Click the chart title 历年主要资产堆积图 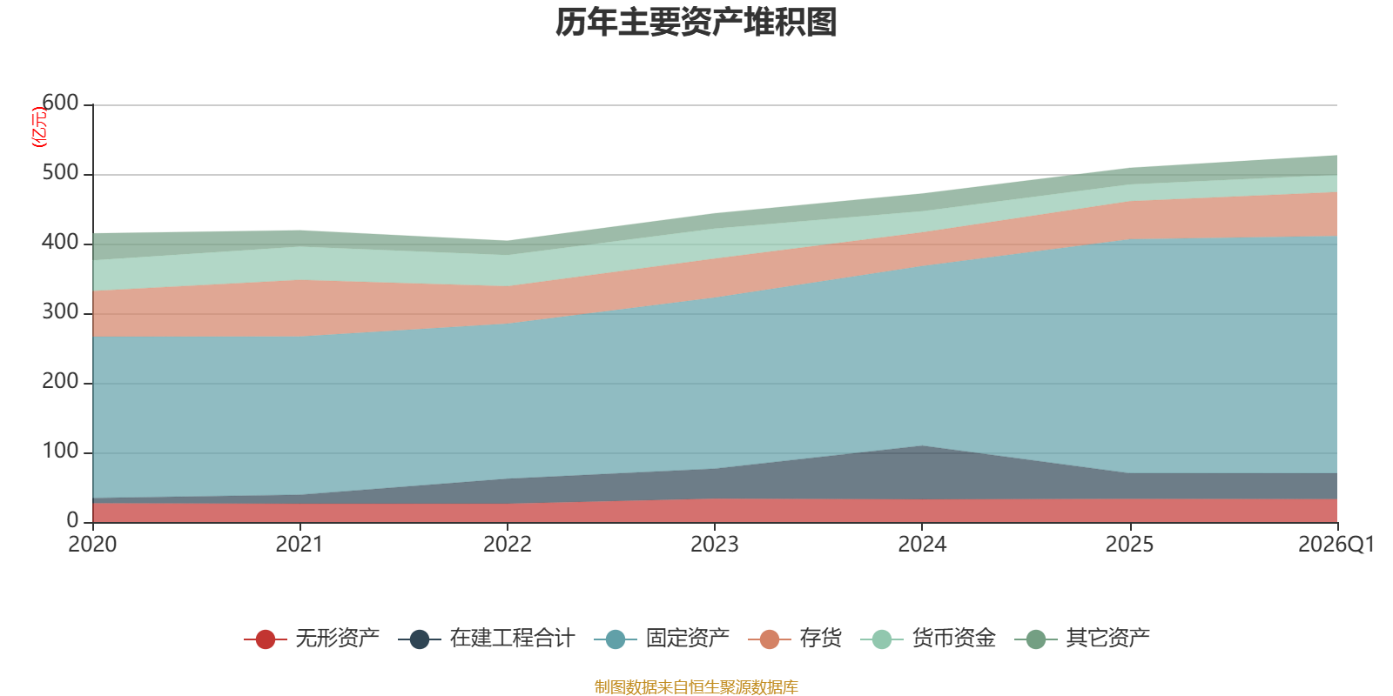coord(696,23)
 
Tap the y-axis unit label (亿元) coord(39,127)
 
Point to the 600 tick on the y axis coord(60,103)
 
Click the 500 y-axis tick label coord(60,172)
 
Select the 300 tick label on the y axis coord(60,311)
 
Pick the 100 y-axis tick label coord(60,451)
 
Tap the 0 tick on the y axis coord(73,520)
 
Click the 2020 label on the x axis coord(92,545)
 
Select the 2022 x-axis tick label coord(508,545)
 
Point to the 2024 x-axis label coord(922,545)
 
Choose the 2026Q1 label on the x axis coord(1336,545)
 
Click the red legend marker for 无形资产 coord(266,639)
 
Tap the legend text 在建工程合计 coord(513,639)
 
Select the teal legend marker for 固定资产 coord(615,639)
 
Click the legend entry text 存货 coord(821,639)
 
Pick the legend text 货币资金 coord(954,639)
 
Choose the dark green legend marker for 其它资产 coord(1036,639)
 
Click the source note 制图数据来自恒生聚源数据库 coord(696,686)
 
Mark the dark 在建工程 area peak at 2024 coord(922,446)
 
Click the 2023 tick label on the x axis coord(715,545)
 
